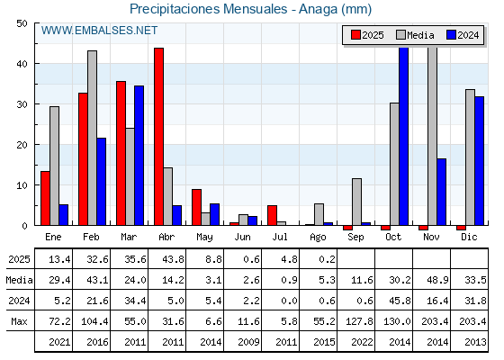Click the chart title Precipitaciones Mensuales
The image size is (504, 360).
point(209,9)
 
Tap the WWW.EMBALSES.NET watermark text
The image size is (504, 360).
point(99,31)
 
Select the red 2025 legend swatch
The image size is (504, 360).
point(355,35)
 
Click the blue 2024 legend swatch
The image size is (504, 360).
point(451,35)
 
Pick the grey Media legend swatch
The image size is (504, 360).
point(400,35)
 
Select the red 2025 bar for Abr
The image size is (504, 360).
point(158,137)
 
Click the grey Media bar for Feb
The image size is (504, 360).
point(92,138)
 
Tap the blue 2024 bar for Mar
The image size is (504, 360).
point(139,156)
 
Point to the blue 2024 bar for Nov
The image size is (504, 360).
point(442,192)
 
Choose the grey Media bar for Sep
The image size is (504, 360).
point(356,202)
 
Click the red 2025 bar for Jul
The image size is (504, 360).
point(272,215)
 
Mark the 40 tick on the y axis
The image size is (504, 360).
point(22,64)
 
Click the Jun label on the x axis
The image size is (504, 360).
point(242,238)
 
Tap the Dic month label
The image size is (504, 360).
point(469,238)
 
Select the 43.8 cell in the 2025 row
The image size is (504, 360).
point(173,259)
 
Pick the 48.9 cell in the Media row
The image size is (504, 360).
point(437,280)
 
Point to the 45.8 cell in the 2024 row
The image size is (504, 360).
point(400,301)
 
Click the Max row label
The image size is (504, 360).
point(19,321)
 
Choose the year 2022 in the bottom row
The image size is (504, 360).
point(362,342)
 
